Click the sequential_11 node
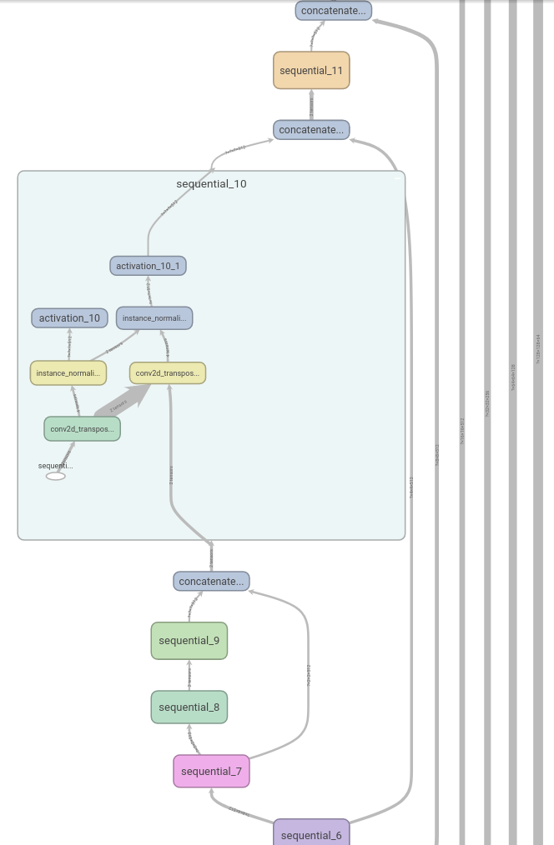click(x=311, y=70)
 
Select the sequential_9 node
click(x=189, y=640)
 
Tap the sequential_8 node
click(x=189, y=707)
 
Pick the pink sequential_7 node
click(x=211, y=771)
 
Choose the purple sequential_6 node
click(x=311, y=833)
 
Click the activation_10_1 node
click(x=149, y=266)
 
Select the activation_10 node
click(x=70, y=317)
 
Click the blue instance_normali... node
click(x=154, y=317)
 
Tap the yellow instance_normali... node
click(x=68, y=372)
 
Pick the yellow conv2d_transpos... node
click(x=168, y=372)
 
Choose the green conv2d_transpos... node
click(x=82, y=428)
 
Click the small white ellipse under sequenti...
click(x=56, y=476)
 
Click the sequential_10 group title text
click(x=211, y=184)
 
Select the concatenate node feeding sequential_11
click(x=311, y=129)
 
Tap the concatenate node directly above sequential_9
click(x=212, y=581)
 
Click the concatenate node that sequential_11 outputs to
click(x=334, y=11)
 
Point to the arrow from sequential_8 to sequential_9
click(x=189, y=675)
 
